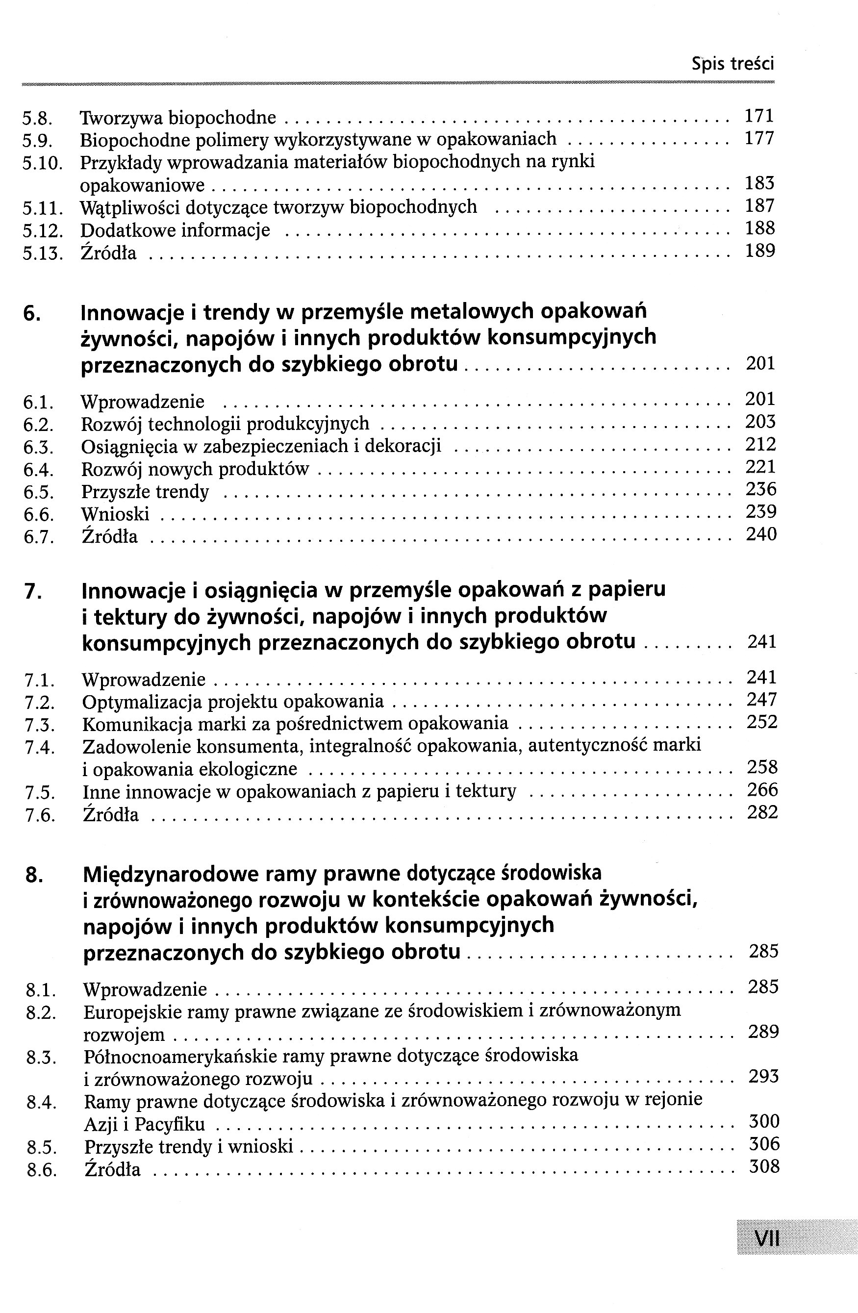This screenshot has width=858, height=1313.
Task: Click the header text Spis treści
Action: point(733,64)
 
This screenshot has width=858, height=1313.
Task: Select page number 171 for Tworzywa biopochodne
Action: point(759,116)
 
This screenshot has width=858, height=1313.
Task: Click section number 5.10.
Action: point(42,163)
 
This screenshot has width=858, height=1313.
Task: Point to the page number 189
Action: point(760,251)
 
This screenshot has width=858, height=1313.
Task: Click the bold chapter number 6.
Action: point(31,313)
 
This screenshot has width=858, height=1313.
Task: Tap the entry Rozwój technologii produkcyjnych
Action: point(225,424)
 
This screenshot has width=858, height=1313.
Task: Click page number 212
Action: point(760,444)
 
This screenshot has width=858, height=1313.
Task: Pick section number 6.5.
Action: point(38,492)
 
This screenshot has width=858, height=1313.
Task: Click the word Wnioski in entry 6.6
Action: point(115,514)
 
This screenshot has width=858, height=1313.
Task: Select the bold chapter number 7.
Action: point(33,591)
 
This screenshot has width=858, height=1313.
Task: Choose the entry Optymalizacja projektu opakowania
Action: point(232,701)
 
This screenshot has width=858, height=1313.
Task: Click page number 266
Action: point(762,790)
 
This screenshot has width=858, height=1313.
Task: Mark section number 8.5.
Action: point(41,1147)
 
